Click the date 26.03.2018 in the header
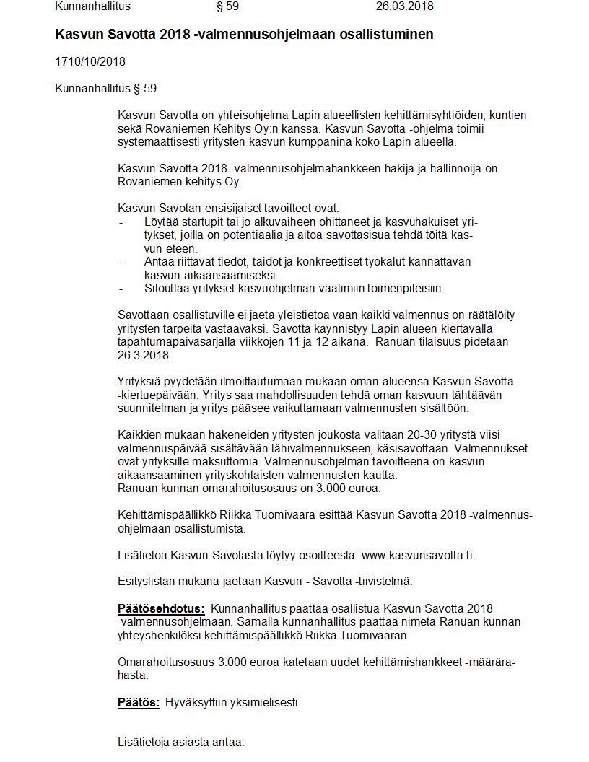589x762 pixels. tap(404, 6)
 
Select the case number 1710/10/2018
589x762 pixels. tap(90, 62)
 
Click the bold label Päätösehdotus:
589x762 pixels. tap(161, 608)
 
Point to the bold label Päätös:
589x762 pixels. tap(139, 702)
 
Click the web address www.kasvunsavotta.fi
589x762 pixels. tap(417, 555)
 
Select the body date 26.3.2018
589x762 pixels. tap(144, 355)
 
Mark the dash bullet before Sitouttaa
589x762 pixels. tap(121, 289)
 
